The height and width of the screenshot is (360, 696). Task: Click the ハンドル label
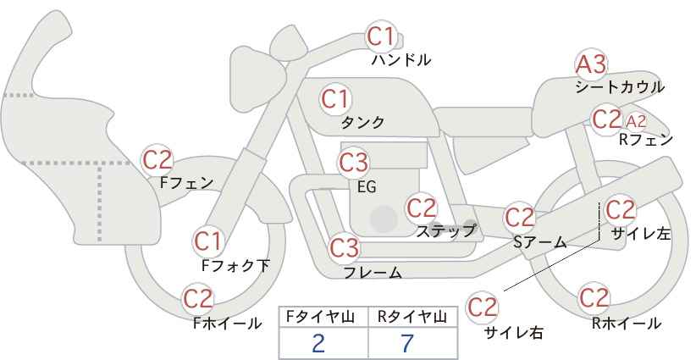[x=401, y=60]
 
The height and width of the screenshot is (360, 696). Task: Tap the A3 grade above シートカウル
[x=591, y=64]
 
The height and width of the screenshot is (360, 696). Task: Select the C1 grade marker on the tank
[x=335, y=99]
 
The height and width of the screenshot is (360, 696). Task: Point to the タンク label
[x=362, y=123]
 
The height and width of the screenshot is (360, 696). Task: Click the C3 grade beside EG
[x=353, y=163]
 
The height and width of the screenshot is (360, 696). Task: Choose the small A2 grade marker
[x=636, y=121]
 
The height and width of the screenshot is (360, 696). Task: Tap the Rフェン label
[x=646, y=140]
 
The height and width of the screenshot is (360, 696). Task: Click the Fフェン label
[x=186, y=183]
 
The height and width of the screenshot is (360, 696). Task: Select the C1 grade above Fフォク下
[x=207, y=242]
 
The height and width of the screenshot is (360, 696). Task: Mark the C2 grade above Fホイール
[x=198, y=299]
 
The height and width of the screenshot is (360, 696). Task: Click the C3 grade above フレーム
[x=345, y=248]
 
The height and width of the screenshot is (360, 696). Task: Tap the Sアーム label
[x=540, y=242]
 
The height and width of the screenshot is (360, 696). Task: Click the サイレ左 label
[x=641, y=234]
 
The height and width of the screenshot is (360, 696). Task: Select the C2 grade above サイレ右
[x=483, y=307]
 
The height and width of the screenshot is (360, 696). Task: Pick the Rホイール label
[x=627, y=324]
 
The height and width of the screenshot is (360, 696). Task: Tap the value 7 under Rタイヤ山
[x=407, y=344]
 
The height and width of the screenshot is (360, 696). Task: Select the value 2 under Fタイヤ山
[x=318, y=344]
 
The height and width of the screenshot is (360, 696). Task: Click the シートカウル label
[x=620, y=87]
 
